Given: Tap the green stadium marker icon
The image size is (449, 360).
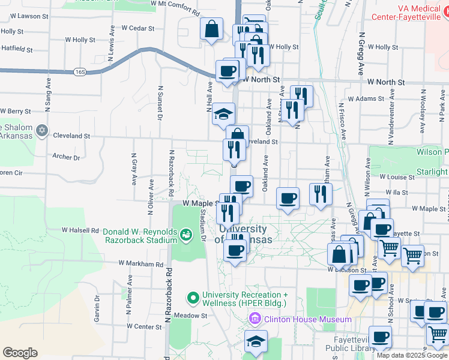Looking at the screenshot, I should tap(186, 232).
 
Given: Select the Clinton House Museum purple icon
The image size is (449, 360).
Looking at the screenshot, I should tap(255, 319).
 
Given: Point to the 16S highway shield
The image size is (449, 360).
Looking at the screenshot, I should tap(81, 72).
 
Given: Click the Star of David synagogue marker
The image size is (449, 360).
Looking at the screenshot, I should tap(41, 130).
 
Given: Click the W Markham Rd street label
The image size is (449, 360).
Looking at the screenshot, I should tap(140, 263).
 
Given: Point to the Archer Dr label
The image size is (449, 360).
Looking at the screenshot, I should tap(66, 157).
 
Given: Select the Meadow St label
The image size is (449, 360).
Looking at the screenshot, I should tap(190, 315).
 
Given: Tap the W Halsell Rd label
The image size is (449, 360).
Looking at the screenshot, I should tap(80, 230).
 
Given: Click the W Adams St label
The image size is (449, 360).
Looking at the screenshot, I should tap(366, 98).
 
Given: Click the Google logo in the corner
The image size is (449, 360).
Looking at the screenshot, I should tap(20, 353).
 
